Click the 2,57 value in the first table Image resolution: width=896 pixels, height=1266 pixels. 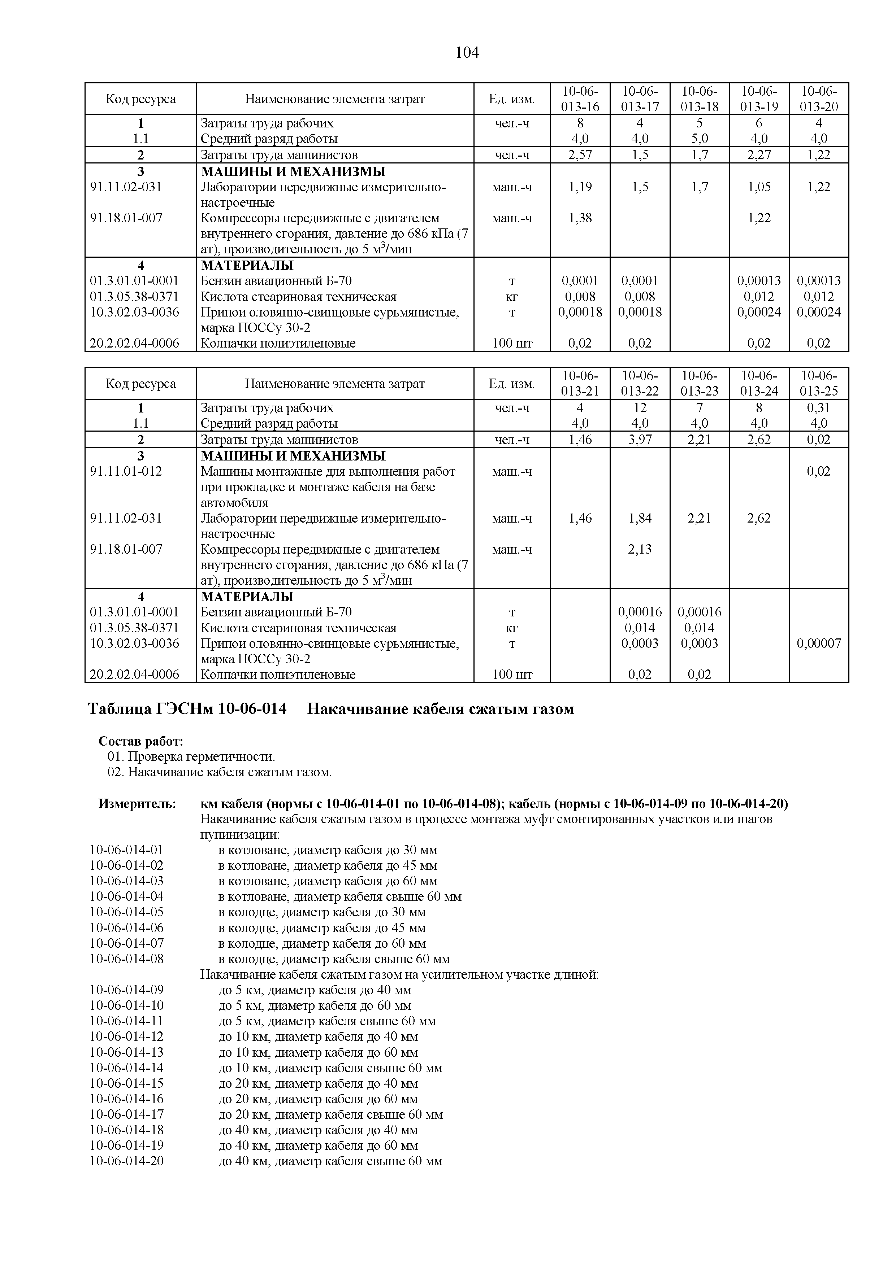580,155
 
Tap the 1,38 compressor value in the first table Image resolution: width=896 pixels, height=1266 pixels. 580,218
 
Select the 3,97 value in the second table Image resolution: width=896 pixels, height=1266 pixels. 640,440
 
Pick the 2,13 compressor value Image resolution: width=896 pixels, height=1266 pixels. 640,549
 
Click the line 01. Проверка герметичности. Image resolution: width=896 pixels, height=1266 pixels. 191,756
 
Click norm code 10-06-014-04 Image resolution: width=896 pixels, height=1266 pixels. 126,896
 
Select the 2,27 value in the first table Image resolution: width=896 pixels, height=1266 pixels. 759,155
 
